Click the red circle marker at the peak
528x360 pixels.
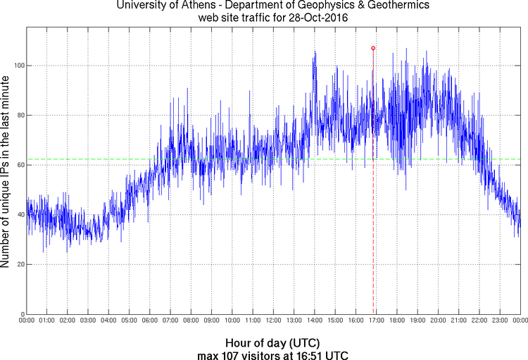pyautogui.click(x=373, y=48)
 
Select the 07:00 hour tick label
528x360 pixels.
pyautogui.click(x=170, y=321)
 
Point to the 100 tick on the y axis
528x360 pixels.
pyautogui.click(x=17, y=66)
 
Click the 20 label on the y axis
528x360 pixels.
pyautogui.click(x=19, y=264)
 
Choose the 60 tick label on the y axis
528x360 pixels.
pyautogui.click(x=19, y=165)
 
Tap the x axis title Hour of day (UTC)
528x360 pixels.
pyautogui.click(x=273, y=342)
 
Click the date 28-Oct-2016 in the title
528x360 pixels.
pyautogui.click(x=315, y=17)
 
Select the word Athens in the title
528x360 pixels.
pyautogui.click(x=194, y=6)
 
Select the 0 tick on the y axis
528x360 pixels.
pyautogui.click(x=21, y=314)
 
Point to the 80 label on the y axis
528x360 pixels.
pyautogui.click(x=19, y=116)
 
